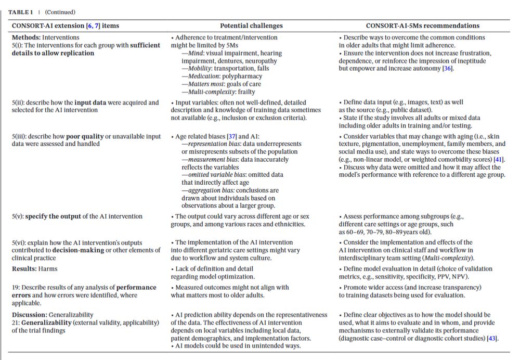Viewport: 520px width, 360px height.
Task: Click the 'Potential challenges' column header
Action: [251, 25]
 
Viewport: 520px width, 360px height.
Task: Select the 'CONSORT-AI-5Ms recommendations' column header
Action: [422, 25]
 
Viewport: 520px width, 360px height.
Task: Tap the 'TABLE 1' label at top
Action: [24, 12]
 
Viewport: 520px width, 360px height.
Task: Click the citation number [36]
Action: [447, 69]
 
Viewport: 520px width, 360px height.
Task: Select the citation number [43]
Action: [491, 339]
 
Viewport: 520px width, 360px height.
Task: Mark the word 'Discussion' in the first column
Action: [30, 315]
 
